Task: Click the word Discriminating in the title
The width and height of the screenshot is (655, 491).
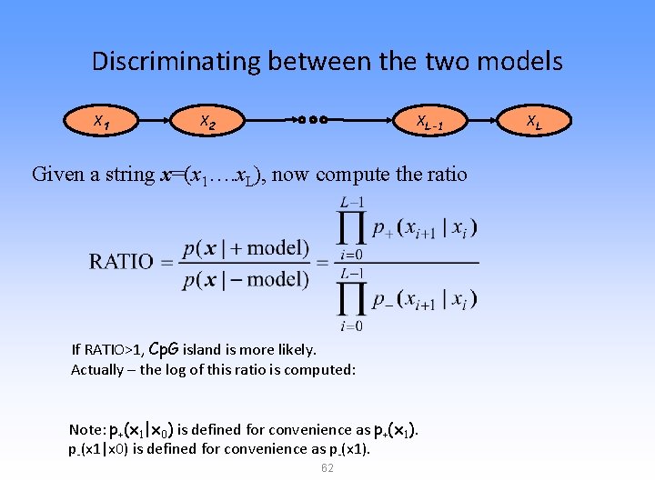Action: click(173, 62)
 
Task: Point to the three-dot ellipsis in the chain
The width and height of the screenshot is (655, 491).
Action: click(311, 119)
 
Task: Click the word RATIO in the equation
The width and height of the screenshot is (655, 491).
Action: click(121, 262)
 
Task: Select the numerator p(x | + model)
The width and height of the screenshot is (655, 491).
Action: click(246, 248)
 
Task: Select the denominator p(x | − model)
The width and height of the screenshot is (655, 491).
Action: click(246, 280)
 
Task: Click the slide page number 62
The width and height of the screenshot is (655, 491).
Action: click(327, 467)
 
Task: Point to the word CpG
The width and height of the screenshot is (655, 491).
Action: click(166, 348)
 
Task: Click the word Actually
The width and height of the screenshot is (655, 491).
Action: click(98, 369)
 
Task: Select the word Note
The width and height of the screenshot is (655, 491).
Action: click(86, 429)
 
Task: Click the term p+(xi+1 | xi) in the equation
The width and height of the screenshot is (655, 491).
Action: click(424, 226)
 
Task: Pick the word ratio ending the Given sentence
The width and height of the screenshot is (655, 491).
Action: click(444, 174)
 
